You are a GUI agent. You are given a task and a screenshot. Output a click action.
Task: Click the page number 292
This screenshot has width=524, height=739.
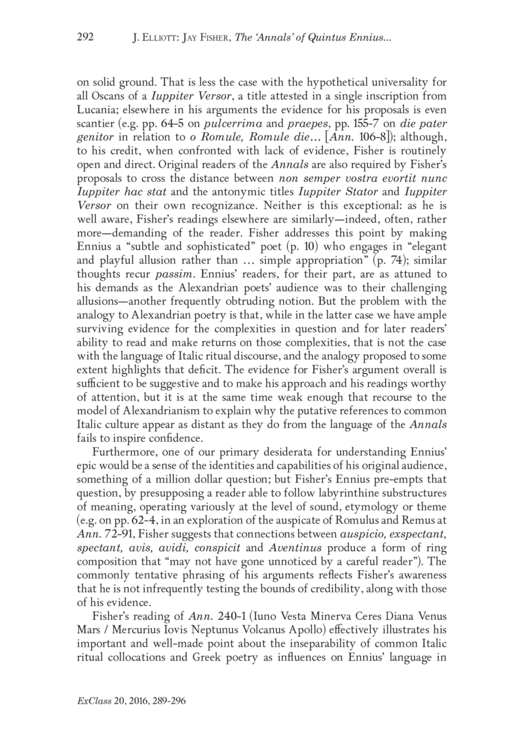[x=86, y=38]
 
